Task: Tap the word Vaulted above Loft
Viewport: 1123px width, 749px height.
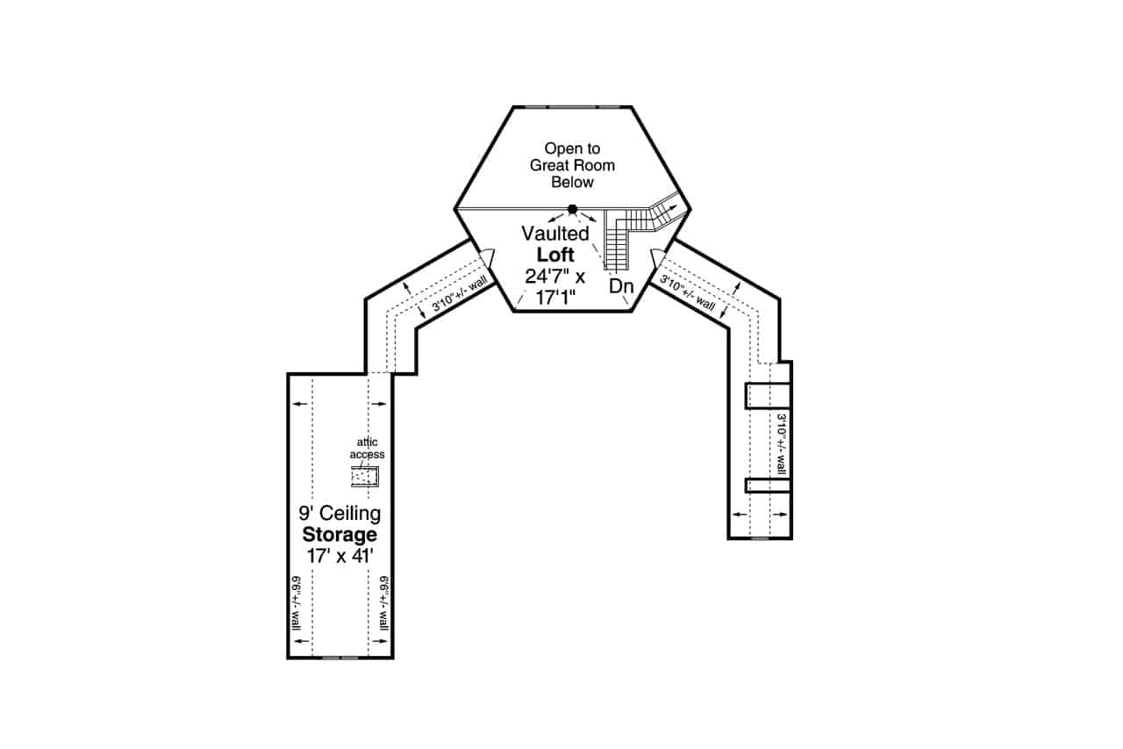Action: [554, 234]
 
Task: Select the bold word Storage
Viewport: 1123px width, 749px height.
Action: [340, 534]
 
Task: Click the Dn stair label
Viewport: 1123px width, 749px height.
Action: [622, 286]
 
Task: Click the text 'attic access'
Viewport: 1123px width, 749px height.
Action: [367, 449]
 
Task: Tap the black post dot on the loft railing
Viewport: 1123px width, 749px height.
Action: [573, 209]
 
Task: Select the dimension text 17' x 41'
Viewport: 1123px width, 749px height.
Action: [340, 555]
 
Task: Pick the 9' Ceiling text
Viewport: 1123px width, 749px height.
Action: [340, 513]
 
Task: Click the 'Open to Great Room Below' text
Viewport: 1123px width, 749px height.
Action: [572, 165]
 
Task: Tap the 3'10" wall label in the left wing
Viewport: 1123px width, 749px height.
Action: [460, 295]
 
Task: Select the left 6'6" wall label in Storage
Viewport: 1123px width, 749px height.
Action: [297, 604]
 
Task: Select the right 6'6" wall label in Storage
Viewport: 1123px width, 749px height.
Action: [383, 604]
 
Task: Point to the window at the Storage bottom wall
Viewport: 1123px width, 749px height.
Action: [340, 657]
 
